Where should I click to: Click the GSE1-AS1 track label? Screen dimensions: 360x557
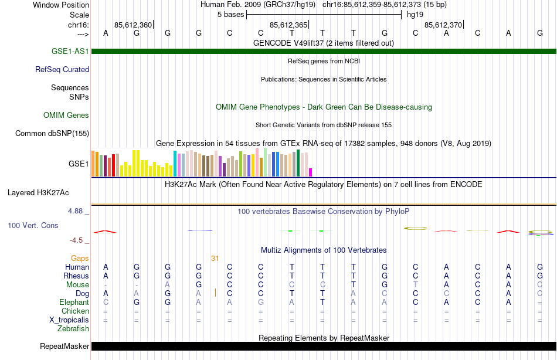click(70, 51)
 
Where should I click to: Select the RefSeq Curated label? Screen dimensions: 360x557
click(62, 69)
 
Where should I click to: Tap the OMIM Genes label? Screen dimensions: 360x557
click(66, 115)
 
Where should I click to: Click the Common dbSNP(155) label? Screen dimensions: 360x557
click(52, 133)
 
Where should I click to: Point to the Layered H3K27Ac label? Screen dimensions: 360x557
click(38, 192)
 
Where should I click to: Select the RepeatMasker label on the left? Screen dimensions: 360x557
click(64, 346)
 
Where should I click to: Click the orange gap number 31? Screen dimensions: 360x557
click(215, 258)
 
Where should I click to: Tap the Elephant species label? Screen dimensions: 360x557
click(74, 302)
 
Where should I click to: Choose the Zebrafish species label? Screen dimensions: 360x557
click(73, 328)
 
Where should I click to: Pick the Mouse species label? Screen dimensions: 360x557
click(77, 284)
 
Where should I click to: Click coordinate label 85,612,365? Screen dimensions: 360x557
click(288, 25)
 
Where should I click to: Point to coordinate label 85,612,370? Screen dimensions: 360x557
click(443, 25)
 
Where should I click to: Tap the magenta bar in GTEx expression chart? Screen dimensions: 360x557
click(310, 172)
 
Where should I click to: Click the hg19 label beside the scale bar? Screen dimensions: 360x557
click(415, 14)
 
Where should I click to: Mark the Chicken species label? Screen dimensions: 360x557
click(75, 311)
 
